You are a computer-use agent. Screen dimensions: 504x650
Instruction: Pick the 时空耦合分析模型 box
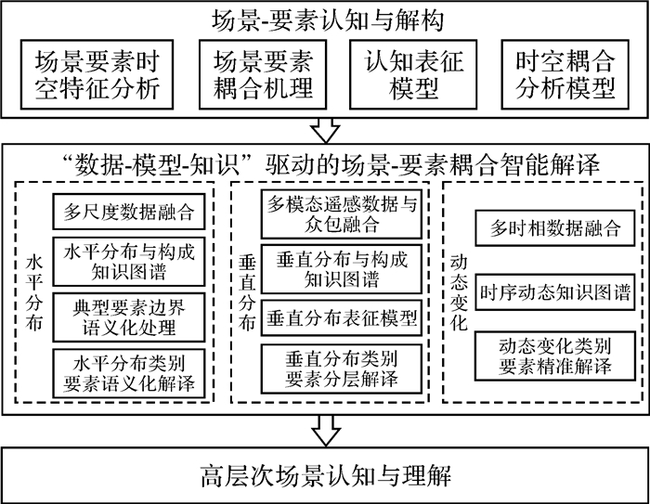pos(565,75)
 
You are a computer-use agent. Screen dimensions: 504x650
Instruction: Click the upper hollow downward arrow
pos(325,128)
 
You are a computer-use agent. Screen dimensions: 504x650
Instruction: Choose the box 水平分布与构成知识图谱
pos(128,264)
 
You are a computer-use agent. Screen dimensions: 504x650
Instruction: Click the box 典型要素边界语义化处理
pos(128,317)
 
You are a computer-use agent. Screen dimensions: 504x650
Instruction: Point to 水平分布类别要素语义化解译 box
pos(128,369)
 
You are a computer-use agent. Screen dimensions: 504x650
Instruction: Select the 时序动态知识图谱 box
pos(554,292)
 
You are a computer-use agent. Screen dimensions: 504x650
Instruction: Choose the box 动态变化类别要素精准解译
pos(554,355)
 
